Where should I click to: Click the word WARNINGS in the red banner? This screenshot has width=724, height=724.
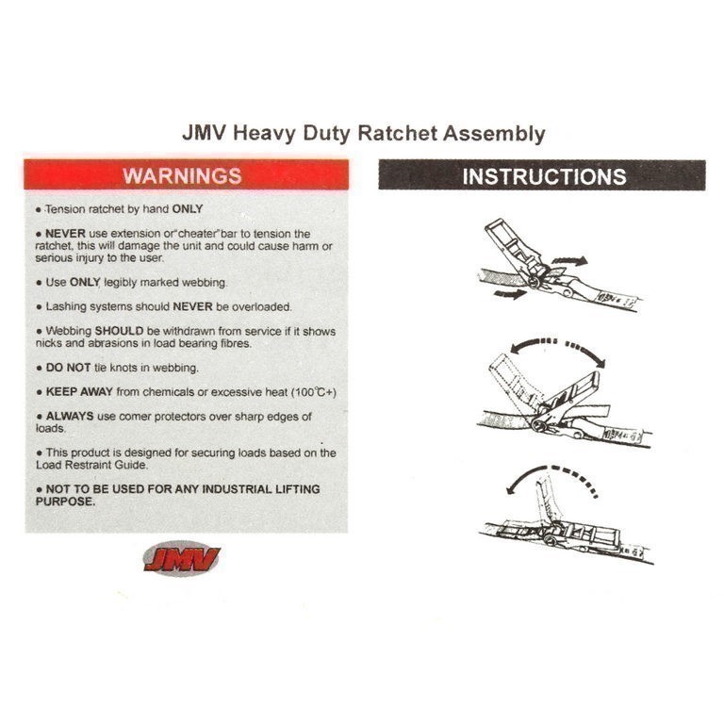coord(182,176)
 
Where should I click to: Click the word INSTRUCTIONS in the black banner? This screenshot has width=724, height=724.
coord(544,176)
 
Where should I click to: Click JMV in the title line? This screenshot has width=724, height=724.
coord(204,133)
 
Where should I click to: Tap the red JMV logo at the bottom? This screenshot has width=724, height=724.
coord(182,559)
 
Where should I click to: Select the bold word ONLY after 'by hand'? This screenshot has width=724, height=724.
coord(188,209)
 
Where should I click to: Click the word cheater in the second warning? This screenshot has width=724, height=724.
coord(198,234)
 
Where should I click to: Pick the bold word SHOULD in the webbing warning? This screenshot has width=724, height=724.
coord(119,331)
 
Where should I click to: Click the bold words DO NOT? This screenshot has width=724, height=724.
coord(68,368)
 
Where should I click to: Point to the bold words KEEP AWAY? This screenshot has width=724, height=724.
coord(79,392)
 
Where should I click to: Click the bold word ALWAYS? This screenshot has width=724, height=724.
coord(70,416)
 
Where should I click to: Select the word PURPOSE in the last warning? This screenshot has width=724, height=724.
coord(65,502)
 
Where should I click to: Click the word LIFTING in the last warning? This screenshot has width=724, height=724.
coord(297,489)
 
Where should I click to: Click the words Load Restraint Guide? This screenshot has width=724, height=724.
coord(91,465)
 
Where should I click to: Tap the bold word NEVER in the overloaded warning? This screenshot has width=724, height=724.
coord(192,306)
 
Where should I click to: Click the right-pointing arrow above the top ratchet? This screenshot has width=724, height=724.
coord(569,260)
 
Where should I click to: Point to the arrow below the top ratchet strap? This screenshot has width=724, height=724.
coord(510,293)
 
